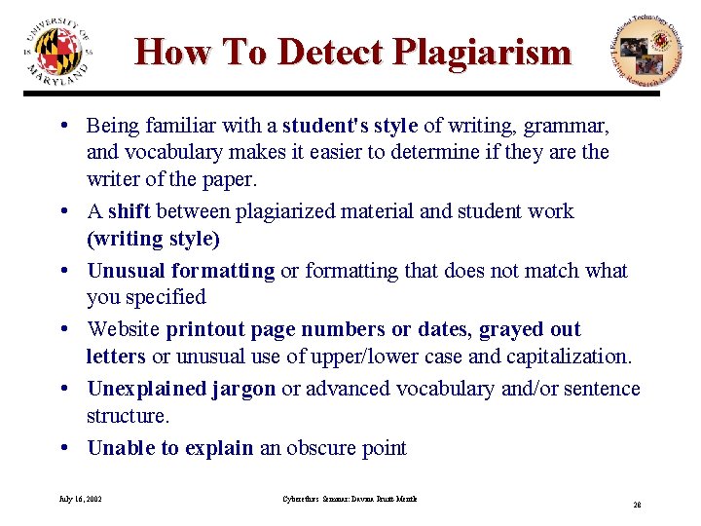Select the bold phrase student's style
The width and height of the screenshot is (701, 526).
(x=350, y=126)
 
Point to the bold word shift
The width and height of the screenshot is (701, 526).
(x=129, y=211)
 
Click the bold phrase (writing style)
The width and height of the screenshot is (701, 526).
(x=153, y=238)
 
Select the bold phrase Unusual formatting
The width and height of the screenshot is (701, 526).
(x=181, y=271)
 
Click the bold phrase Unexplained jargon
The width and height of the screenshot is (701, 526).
(x=181, y=390)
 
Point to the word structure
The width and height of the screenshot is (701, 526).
(x=128, y=416)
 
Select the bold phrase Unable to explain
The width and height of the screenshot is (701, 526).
(x=170, y=448)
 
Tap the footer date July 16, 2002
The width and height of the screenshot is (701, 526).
(x=81, y=499)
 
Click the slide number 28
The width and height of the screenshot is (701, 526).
(x=637, y=506)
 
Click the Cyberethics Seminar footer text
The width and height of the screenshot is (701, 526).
(x=342, y=499)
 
